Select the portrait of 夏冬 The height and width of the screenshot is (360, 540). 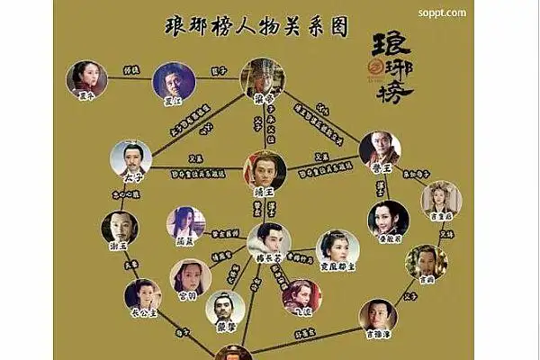point(86,78)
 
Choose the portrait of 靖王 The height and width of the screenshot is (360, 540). point(265,168)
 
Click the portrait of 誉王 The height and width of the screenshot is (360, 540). point(379,148)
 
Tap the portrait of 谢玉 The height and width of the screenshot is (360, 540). point(120,228)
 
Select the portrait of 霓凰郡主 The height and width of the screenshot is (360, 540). point(337,246)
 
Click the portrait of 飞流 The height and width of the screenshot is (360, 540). point(301,294)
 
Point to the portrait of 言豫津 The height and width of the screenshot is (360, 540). point(378,315)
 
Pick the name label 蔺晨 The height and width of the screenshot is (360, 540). point(185,240)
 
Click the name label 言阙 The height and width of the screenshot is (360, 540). point(427,280)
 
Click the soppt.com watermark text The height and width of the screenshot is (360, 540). point(442,13)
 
